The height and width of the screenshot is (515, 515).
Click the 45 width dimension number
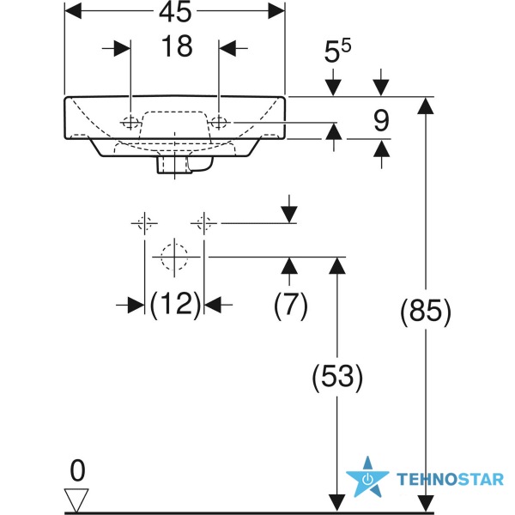pos(175,12)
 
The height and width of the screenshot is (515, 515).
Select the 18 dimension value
pos(177,46)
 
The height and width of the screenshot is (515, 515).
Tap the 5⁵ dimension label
pos(337,51)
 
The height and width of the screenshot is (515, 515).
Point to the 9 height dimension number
pos(381,121)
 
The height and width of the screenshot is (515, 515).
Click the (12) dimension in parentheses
pos(175,305)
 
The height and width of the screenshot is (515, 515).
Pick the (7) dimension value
pos(291,306)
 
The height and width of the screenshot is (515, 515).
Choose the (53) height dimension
pos(337,378)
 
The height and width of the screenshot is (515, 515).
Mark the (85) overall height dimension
pos(426,312)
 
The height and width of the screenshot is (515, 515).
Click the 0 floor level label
pos(77,471)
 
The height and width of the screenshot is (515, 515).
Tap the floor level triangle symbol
pos(76,500)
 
